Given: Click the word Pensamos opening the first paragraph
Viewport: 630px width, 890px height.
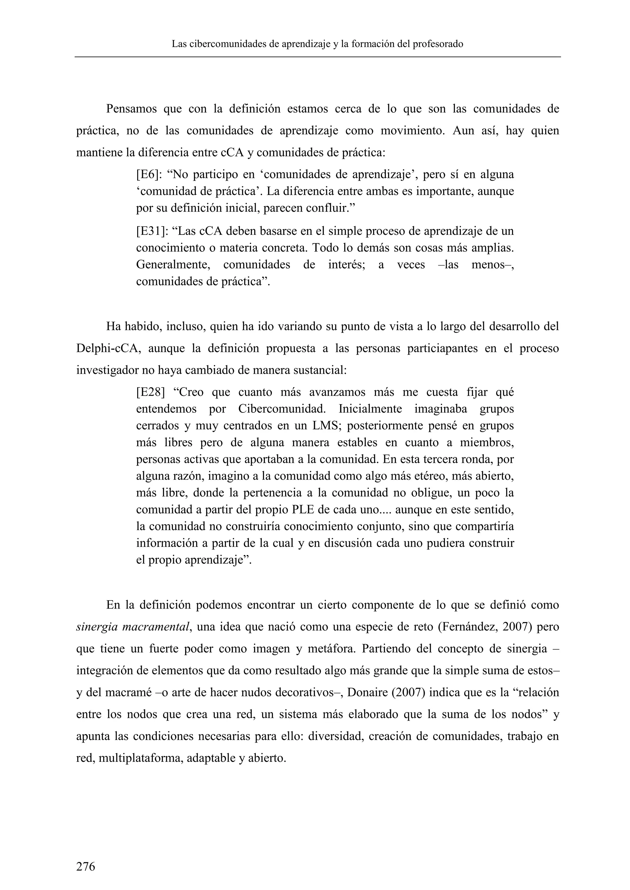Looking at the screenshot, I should pyautogui.click(x=131, y=109).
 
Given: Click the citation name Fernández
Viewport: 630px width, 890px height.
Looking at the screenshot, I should pyautogui.click(x=468, y=627).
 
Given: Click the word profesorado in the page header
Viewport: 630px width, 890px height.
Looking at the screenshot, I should pyautogui.click(x=438, y=44).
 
